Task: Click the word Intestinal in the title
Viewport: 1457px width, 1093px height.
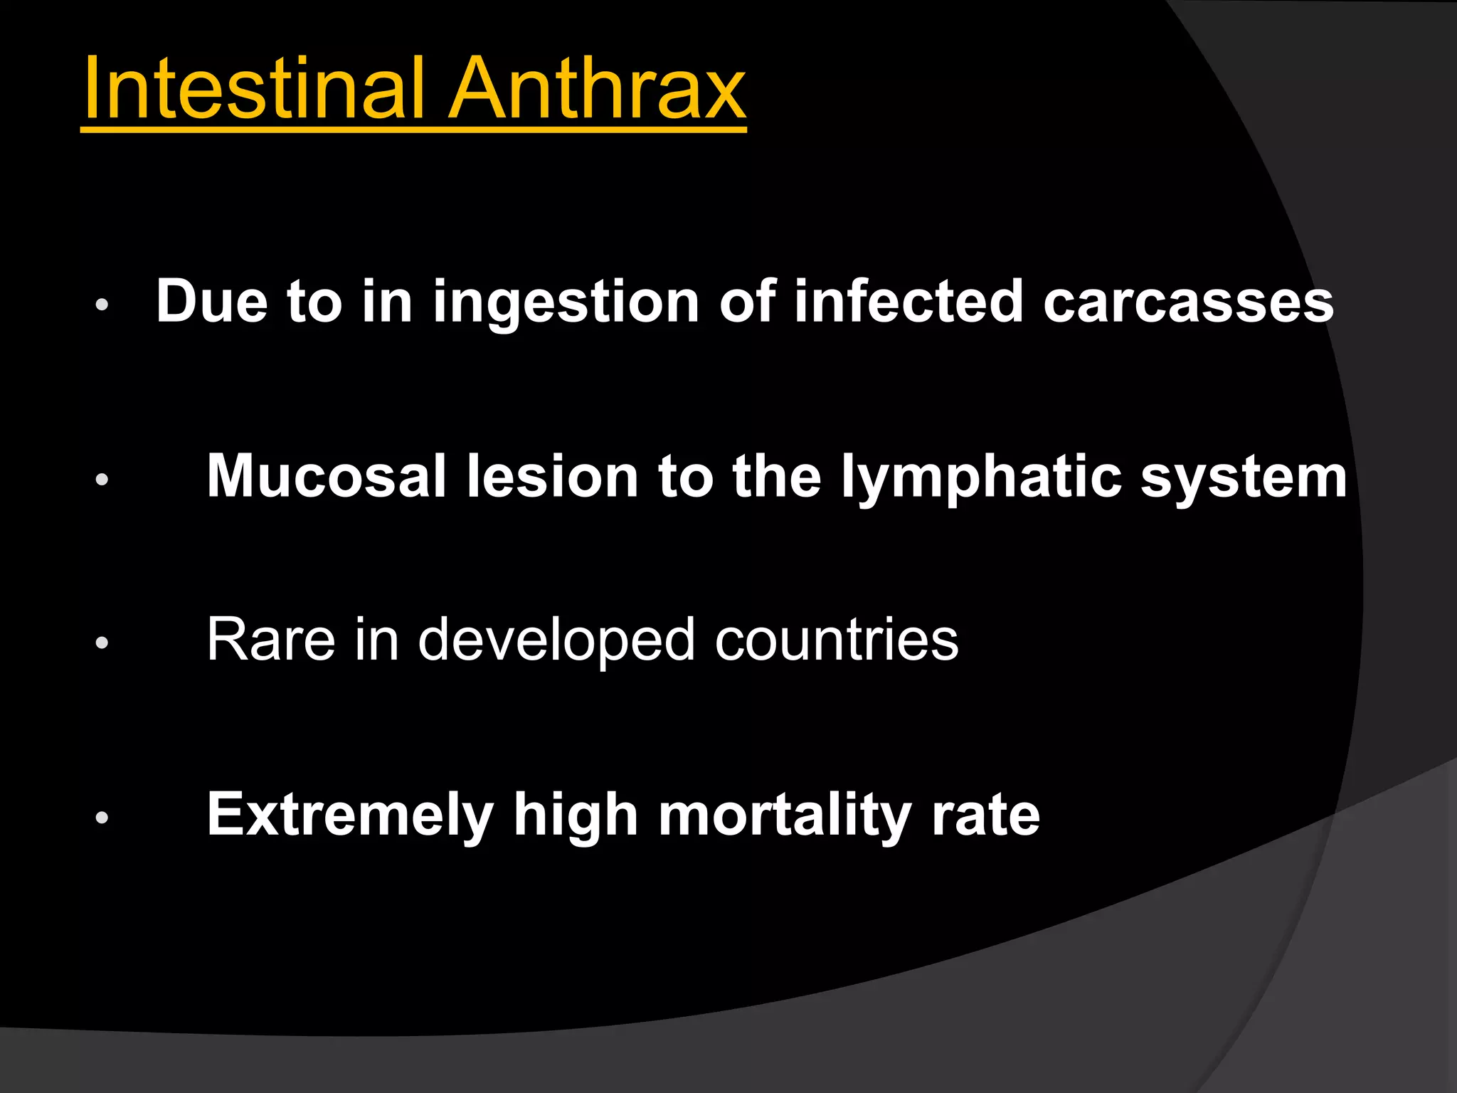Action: (253, 88)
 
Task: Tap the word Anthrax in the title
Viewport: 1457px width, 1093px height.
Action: (598, 88)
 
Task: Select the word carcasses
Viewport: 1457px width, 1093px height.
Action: (1188, 302)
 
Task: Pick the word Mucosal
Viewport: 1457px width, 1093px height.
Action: (327, 476)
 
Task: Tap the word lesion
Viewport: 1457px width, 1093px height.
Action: (552, 476)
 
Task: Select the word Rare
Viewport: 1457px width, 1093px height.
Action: (270, 640)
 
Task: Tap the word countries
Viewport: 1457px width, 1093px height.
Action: (837, 640)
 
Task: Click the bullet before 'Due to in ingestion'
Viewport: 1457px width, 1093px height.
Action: (102, 305)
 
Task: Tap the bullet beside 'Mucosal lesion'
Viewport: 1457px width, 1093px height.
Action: (102, 480)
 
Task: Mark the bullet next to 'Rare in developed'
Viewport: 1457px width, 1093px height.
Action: (102, 643)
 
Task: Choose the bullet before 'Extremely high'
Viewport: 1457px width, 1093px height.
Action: (102, 818)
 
